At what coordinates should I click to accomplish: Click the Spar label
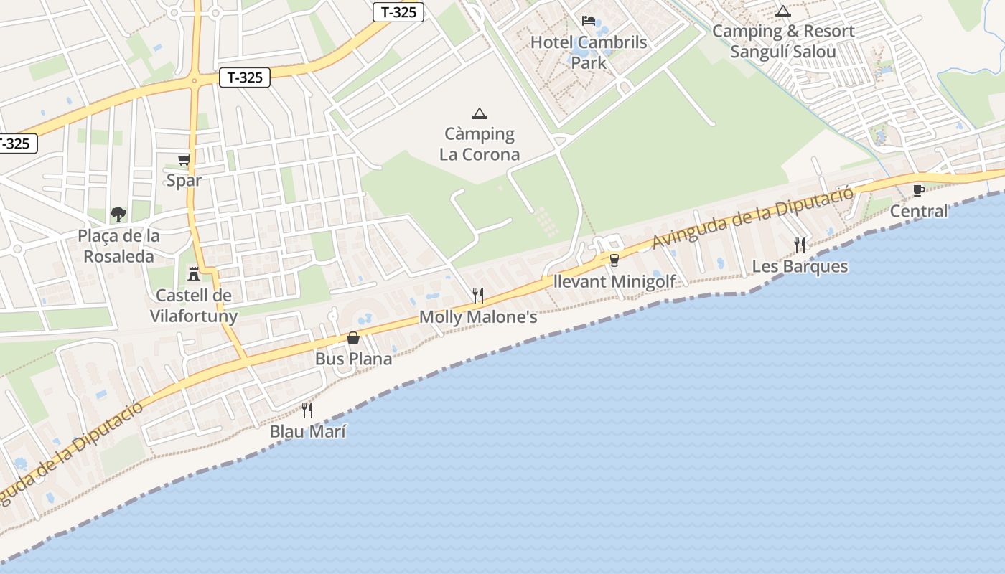184,180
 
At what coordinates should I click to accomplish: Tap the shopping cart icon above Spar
184,160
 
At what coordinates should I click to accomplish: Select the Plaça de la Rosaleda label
118,246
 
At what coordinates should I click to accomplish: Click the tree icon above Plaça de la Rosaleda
118,214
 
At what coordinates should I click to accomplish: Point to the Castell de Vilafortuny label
193,306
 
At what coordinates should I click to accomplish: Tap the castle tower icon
193,273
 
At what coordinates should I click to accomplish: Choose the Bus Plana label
353,359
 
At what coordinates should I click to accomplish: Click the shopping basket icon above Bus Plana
353,338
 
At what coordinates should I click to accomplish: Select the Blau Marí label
307,432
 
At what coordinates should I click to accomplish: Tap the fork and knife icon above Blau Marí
307,410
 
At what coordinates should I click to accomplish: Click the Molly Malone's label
478,317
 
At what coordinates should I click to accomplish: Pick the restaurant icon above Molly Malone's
478,295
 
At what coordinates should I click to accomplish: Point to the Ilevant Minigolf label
614,281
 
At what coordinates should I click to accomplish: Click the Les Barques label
800,267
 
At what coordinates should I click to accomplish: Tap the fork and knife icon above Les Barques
800,245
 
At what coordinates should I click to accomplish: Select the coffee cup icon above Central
918,190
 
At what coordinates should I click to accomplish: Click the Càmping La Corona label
480,144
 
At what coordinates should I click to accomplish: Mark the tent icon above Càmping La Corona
480,113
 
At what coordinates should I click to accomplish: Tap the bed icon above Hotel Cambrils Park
589,21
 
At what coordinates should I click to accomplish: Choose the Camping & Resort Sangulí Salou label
783,42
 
